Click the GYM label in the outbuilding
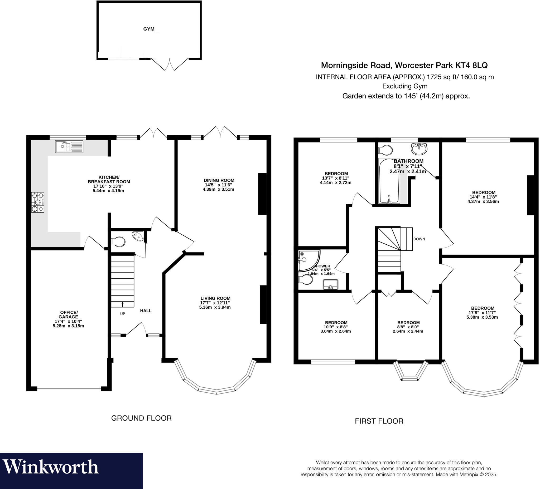pyautogui.click(x=149, y=29)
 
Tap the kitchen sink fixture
pyautogui.click(x=69, y=147)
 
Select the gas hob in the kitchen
pyautogui.click(x=37, y=202)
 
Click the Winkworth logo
pyautogui.click(x=51, y=467)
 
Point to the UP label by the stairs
pyautogui.click(x=122, y=314)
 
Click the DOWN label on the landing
pyautogui.click(x=419, y=239)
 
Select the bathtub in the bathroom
pyautogui.click(x=389, y=181)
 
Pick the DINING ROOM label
pyautogui.click(x=219, y=180)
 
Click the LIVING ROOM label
pyautogui.click(x=215, y=298)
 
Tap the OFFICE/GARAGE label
pyautogui.click(x=69, y=315)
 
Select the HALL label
pyautogui.click(x=146, y=310)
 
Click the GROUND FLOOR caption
pyautogui.click(x=141, y=418)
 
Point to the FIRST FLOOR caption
pyautogui.click(x=379, y=421)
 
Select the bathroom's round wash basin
pyautogui.click(x=419, y=149)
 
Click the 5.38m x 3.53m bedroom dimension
pyautogui.click(x=482, y=317)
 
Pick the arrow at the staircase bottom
pyautogui.click(x=122, y=304)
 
